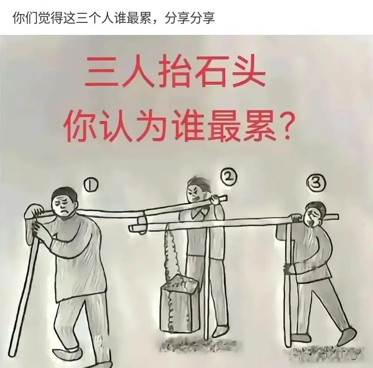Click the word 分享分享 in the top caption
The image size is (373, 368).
coord(190,18)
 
